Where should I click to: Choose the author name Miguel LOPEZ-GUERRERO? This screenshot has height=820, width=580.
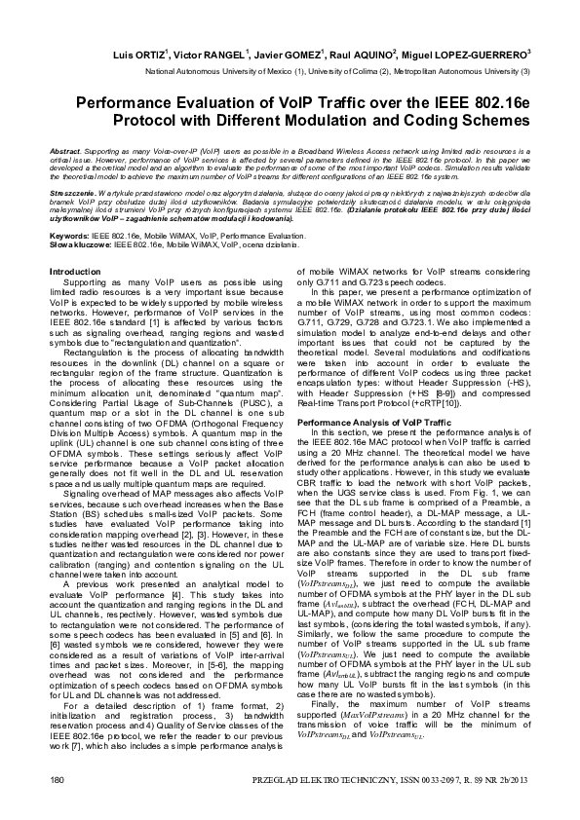tap(458, 55)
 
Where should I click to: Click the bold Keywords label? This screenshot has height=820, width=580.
tap(70, 237)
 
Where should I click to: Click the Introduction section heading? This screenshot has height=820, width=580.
tap(75, 272)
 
